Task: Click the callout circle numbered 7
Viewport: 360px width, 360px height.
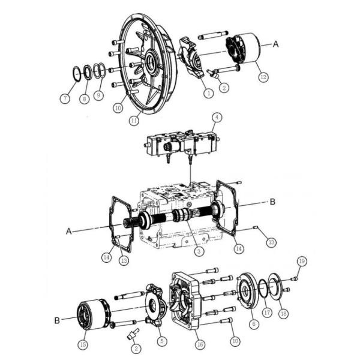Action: [65, 98]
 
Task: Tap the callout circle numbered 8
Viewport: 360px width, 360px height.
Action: [84, 99]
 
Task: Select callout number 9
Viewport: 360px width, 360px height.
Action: [99, 95]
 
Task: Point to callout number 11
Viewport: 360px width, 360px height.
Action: [134, 120]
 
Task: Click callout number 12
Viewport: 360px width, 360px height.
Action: [263, 77]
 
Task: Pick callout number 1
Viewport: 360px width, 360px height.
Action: [208, 93]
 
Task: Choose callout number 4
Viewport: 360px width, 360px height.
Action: [217, 118]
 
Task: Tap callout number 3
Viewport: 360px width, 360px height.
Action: [199, 251]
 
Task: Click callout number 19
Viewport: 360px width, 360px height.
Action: [302, 261]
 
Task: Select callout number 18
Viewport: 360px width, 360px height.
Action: [284, 313]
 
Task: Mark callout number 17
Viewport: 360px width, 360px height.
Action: [267, 313]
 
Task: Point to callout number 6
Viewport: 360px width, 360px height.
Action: [254, 324]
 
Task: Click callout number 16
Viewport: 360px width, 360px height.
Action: [200, 344]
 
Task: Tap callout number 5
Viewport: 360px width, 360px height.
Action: [162, 341]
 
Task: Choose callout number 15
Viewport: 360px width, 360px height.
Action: [83, 344]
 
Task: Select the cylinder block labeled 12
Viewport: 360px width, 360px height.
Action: [243, 49]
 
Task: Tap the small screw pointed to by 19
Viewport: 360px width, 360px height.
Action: [294, 279]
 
